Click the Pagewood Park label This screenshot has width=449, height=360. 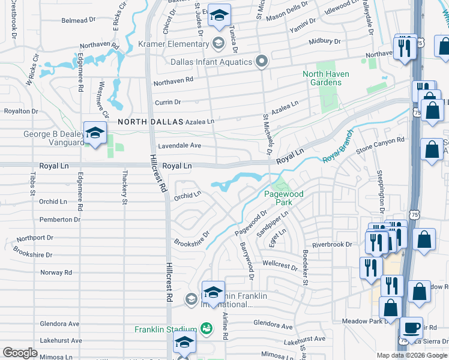(285, 198)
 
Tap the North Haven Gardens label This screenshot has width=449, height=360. (326, 78)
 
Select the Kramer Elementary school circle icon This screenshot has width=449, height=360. (218, 43)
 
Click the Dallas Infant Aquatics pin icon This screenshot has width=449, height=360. (261, 61)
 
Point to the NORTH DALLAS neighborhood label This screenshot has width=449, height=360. (150, 121)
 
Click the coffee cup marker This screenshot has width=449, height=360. (411, 328)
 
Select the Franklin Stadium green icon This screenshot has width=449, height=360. (206, 329)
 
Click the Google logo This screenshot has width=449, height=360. (20, 353)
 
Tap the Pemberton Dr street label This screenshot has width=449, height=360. (59, 220)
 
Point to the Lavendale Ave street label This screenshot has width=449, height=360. (179, 146)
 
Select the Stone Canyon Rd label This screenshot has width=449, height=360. (376, 144)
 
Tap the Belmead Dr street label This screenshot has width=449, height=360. (78, 20)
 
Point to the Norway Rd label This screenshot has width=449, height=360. (56, 272)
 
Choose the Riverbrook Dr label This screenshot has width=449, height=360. (332, 245)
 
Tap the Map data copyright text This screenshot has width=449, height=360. (411, 355)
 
